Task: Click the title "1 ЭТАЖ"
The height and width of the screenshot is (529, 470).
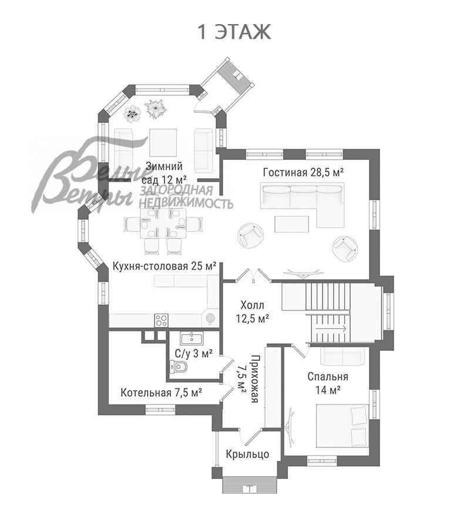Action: point(234,32)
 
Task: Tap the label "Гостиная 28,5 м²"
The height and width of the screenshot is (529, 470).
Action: point(303,172)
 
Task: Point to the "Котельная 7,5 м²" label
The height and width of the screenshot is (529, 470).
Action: point(162,392)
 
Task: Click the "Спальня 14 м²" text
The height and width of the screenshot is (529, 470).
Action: point(328,383)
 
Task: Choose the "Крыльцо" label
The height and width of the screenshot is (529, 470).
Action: point(247,454)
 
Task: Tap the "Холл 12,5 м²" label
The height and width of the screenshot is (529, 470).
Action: point(253,312)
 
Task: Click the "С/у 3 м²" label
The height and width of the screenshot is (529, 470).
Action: point(194,353)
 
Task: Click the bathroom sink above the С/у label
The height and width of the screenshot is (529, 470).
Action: point(192,338)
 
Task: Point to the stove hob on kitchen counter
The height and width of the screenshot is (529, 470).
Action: point(162,320)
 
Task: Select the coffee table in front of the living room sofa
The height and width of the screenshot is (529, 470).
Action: point(292,223)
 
